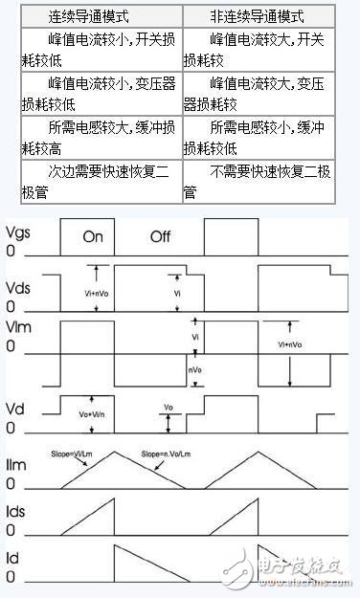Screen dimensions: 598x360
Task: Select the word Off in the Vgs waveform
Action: pos(160,237)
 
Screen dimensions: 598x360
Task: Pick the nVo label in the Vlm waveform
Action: pos(194,368)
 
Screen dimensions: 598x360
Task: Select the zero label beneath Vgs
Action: pos(11,255)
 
